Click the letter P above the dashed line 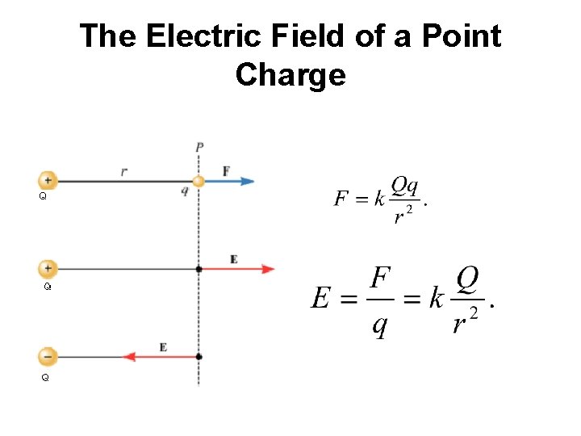199,147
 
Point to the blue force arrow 229,181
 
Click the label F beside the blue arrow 226,170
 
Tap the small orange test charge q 199,181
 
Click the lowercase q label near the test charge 185,191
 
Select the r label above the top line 123,170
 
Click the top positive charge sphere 48,181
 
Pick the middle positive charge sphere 48,268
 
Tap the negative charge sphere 48,355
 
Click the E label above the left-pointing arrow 163,346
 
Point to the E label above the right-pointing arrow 234,258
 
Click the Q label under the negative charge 45,377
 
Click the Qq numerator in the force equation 404,187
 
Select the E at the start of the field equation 320,299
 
